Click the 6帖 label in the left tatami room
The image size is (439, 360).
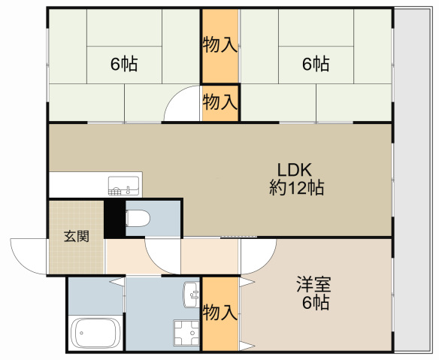coord(124,64)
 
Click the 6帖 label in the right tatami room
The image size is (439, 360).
coord(316,64)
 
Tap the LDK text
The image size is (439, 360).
coord(295,169)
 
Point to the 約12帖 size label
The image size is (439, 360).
coord(297,188)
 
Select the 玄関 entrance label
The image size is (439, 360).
coord(76,236)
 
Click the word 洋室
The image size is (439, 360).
coord(313,286)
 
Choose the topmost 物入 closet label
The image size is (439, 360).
coord(219,45)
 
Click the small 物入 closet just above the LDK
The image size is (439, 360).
coord(219,101)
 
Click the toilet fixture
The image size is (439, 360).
coord(138,219)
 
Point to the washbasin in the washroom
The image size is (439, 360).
coord(190,291)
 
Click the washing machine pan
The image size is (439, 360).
coord(186,331)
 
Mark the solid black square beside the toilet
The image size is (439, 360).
coord(114,218)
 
